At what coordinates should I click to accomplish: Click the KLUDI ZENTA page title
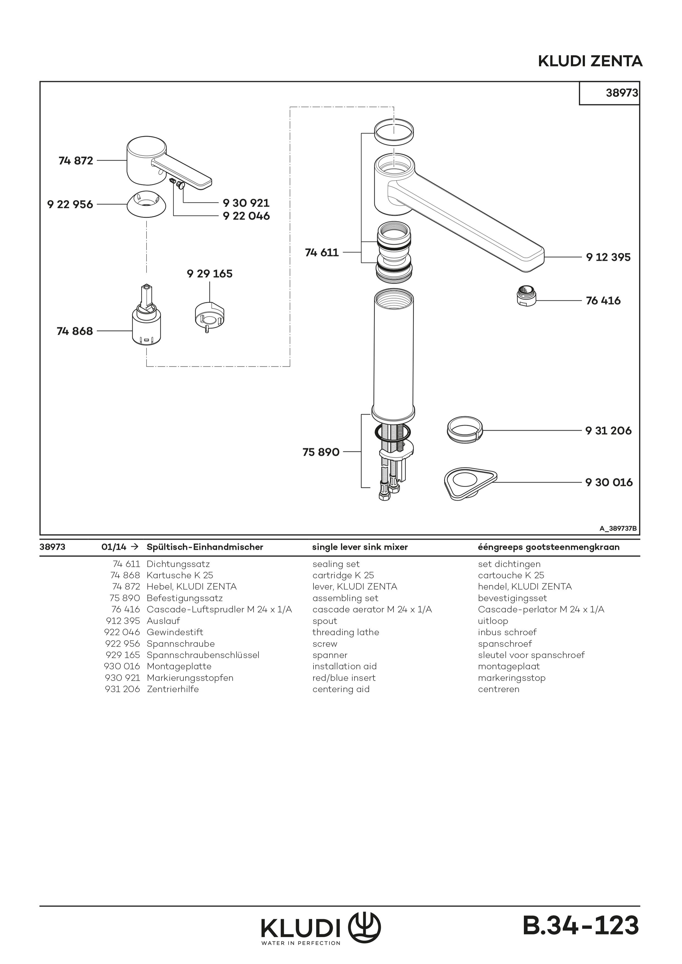pos(590,61)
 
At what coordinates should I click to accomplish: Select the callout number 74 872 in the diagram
pos(76,161)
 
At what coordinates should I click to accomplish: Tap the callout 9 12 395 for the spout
pos(608,257)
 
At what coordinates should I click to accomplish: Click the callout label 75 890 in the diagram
pos(321,452)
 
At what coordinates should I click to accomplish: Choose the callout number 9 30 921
pos(246,203)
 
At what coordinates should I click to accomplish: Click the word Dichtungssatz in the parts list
pos(178,564)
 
